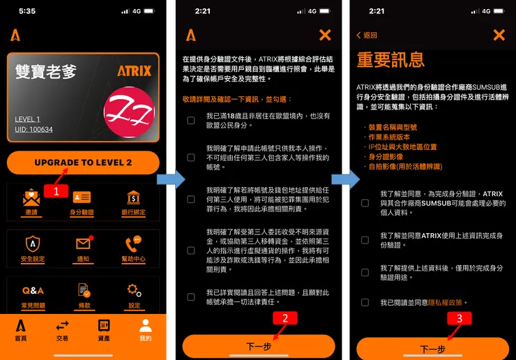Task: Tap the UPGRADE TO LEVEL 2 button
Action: click(83, 163)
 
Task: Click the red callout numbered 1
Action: click(56, 190)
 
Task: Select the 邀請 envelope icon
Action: click(31, 199)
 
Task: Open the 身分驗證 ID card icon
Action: click(82, 199)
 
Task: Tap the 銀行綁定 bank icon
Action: click(133, 199)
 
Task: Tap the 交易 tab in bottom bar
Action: click(63, 329)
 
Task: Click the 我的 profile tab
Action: click(145, 329)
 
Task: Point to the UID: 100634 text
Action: click(34, 130)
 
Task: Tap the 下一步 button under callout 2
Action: click(259, 347)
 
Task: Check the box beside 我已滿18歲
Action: click(191, 121)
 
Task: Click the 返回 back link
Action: click(367, 36)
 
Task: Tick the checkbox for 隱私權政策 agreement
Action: click(365, 302)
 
